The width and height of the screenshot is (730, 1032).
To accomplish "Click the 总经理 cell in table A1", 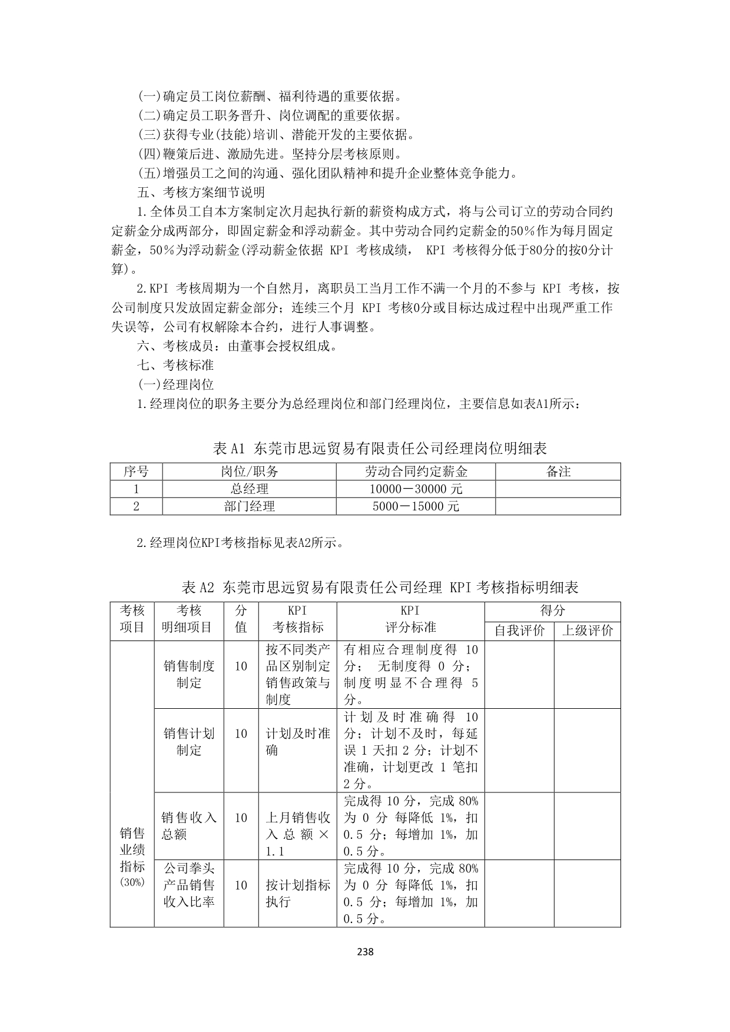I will point(249,489).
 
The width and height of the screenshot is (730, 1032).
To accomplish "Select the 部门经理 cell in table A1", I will point(249,506).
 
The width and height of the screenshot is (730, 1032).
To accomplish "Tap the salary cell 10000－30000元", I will point(416,489).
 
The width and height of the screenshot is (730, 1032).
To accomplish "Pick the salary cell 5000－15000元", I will point(416,506).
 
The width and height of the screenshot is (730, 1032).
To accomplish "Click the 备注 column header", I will point(558,472).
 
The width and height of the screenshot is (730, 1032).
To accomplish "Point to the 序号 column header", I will point(136,472).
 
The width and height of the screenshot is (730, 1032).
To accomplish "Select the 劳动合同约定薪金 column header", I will point(416,472).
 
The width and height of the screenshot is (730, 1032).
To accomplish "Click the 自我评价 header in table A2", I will point(519,631).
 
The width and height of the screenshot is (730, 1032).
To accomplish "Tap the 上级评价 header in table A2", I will point(587,631).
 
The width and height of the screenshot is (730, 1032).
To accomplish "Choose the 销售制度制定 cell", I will point(189,674).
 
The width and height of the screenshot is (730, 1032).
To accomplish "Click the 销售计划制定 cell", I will point(189,742).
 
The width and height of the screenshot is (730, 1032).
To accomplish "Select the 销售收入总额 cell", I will point(189,826).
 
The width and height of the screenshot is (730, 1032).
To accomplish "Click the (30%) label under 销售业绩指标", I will point(132,882).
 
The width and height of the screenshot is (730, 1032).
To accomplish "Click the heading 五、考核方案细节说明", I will point(201,193).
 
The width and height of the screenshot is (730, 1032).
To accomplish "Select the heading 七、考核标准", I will point(175,366).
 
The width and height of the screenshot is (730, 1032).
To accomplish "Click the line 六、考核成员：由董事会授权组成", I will point(238,346).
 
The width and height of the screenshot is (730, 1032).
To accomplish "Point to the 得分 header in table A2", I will point(552,611).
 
